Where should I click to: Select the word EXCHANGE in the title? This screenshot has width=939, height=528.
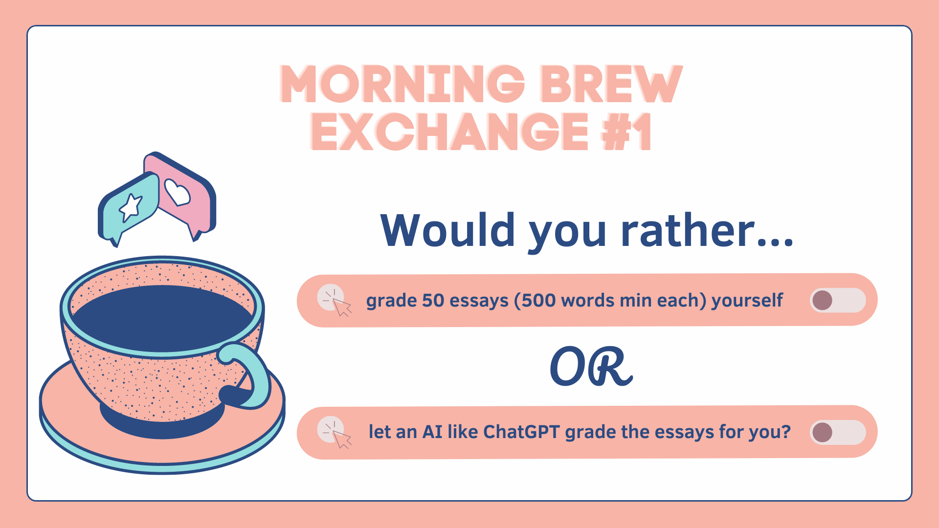[449, 131]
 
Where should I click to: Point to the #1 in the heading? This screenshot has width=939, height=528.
[626, 131]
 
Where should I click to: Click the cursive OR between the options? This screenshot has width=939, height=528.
[591, 366]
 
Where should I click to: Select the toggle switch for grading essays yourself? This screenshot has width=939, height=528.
[838, 300]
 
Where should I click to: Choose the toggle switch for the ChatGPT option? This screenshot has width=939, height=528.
[838, 432]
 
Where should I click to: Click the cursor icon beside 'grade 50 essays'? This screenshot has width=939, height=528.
[335, 300]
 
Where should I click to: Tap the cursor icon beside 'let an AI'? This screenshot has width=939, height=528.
[335, 432]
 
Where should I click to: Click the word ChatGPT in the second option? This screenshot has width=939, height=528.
[521, 432]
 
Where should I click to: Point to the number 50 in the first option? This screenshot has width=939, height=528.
[433, 300]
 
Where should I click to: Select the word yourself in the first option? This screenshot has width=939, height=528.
[747, 301]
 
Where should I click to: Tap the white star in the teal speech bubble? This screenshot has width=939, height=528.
[131, 207]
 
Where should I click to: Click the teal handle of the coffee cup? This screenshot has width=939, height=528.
[250, 374]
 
